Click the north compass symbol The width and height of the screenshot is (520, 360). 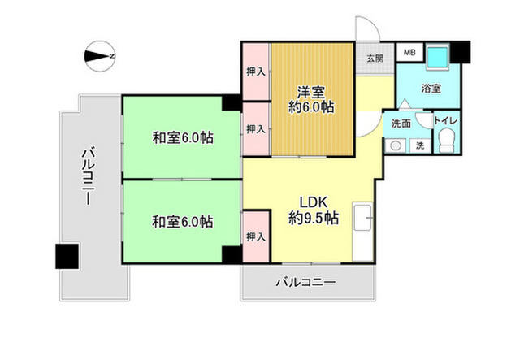100,56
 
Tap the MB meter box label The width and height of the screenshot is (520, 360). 409,53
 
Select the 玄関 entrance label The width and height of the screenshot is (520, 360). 375,59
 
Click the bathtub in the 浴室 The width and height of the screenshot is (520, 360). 438,56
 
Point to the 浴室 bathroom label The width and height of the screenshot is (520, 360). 431,89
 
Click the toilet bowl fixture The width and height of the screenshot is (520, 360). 446,141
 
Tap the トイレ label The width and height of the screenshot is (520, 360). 446,121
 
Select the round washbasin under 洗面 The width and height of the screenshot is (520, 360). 396,145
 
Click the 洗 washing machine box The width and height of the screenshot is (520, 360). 420,145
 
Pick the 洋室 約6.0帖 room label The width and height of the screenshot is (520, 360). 311,99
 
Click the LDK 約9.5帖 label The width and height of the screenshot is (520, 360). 314,210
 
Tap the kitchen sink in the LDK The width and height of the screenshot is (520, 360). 363,218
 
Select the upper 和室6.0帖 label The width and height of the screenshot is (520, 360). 183,137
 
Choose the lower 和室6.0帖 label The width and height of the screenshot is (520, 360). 183,222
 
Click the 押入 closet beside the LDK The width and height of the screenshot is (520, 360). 256,237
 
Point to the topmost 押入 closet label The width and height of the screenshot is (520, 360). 256,72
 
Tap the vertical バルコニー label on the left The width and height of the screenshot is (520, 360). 89,176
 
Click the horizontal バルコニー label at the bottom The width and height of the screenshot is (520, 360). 306,283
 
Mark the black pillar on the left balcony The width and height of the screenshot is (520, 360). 67,256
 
